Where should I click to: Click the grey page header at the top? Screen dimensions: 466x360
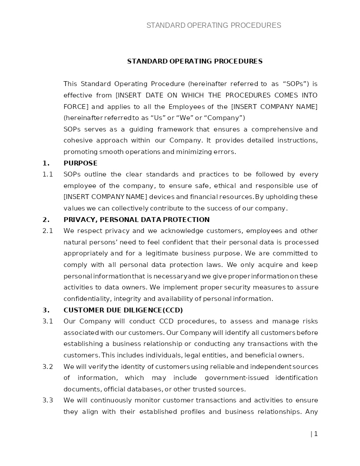point(214,26)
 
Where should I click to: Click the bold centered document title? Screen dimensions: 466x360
point(195,61)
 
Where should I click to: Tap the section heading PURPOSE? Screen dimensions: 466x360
point(80,163)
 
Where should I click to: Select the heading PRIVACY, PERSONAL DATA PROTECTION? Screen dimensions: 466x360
point(136,220)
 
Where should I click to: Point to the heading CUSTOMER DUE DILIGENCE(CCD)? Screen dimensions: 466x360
point(123,310)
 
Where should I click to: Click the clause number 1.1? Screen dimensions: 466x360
point(48,174)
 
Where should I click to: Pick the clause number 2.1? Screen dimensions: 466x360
point(48,231)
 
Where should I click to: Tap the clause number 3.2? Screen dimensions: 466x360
point(48,367)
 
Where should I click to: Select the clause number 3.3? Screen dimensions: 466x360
point(48,400)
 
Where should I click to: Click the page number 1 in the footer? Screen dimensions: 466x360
point(316,434)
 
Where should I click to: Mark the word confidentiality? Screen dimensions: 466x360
point(88,299)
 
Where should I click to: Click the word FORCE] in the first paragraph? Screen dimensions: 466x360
point(76,107)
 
